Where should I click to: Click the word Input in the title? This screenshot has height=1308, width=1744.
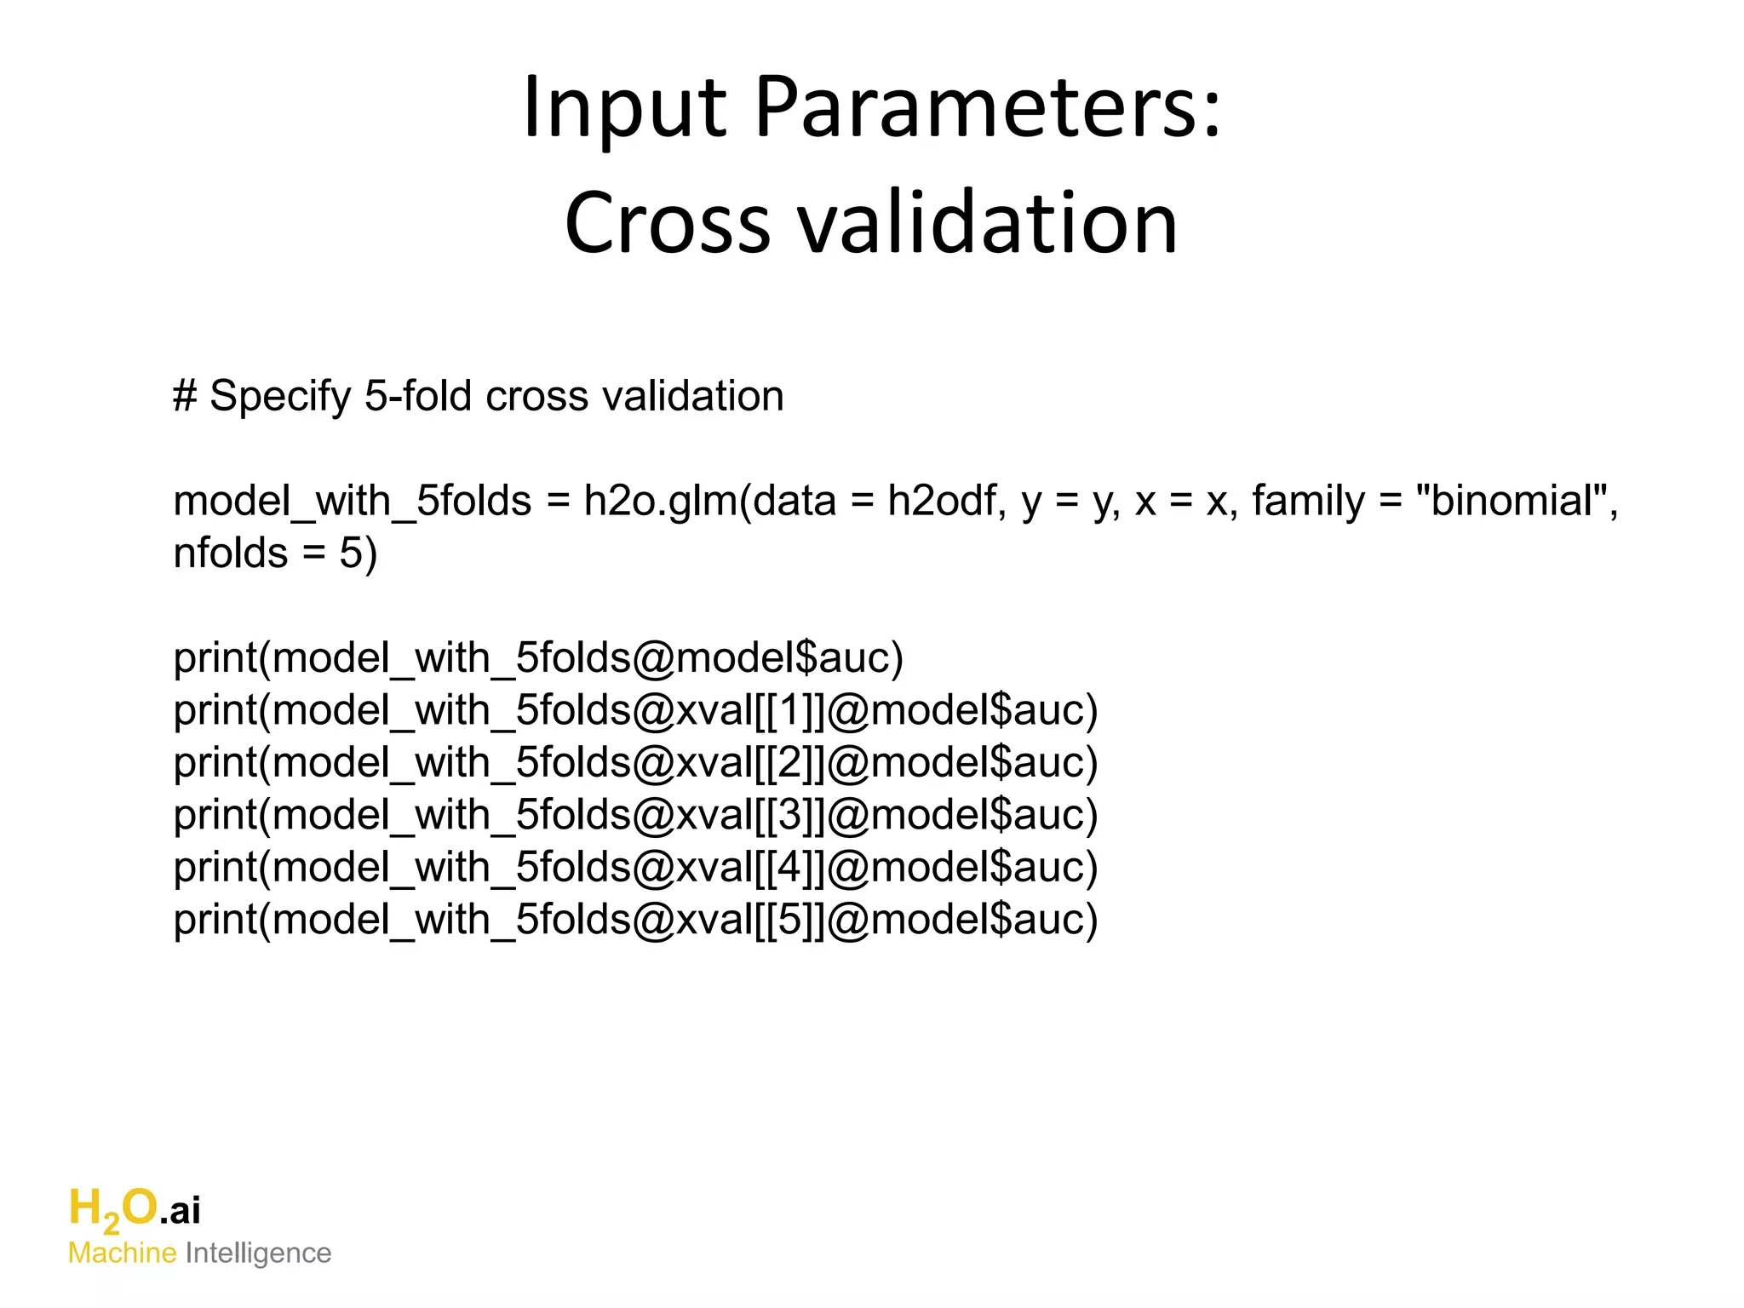click(x=625, y=107)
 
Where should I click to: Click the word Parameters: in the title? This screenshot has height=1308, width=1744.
click(x=988, y=107)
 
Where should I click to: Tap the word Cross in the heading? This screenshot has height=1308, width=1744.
click(x=668, y=223)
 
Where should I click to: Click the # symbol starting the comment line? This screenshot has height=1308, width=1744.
click(x=185, y=396)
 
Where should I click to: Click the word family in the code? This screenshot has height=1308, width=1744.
click(x=1308, y=501)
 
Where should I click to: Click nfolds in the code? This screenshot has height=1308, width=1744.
click(x=231, y=554)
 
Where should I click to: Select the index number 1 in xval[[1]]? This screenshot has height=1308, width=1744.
click(x=789, y=711)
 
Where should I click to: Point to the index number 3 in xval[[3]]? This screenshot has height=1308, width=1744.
click(x=789, y=816)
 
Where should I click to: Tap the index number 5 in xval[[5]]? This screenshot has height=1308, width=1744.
click(x=789, y=921)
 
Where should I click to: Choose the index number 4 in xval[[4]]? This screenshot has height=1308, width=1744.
click(x=789, y=868)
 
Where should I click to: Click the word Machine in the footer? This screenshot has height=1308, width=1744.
click(x=122, y=1253)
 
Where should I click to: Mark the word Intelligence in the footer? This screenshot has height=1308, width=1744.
click(x=258, y=1253)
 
